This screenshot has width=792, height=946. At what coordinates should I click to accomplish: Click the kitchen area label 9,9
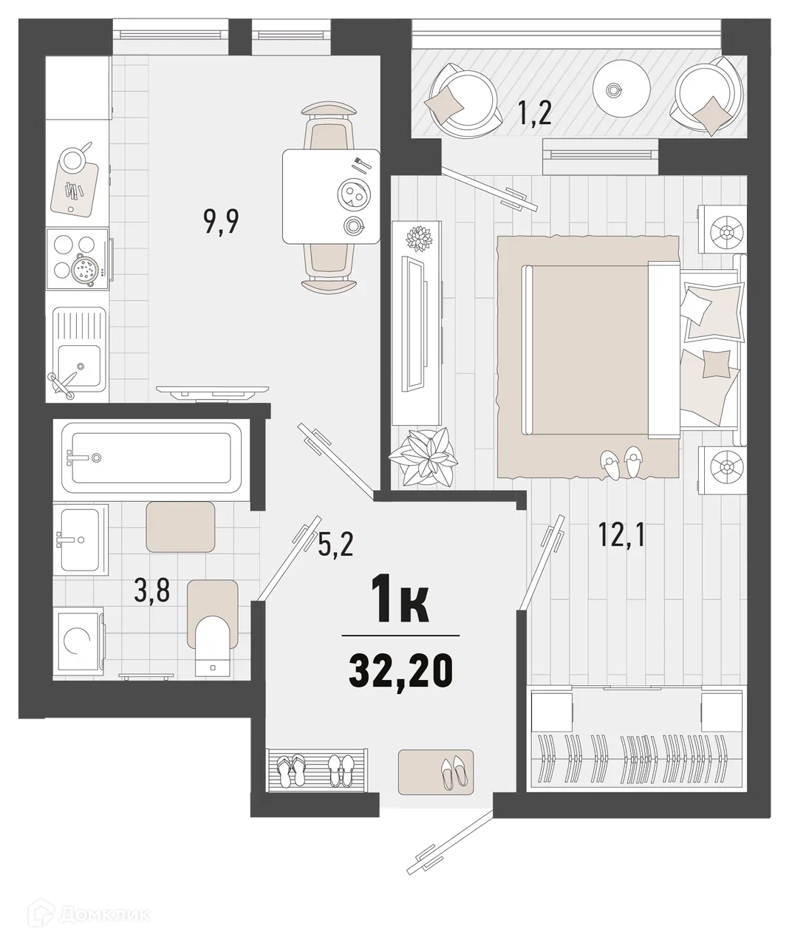click(x=222, y=222)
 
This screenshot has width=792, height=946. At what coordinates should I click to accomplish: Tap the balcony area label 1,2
click(x=535, y=113)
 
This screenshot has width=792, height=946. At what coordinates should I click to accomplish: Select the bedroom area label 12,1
click(x=621, y=534)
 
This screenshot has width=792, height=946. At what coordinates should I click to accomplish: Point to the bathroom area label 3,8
click(x=151, y=590)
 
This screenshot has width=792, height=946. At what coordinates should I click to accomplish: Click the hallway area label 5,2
click(x=335, y=544)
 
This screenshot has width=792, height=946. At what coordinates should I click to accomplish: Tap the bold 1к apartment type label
click(x=400, y=599)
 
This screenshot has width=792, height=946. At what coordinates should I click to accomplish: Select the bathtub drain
click(x=96, y=458)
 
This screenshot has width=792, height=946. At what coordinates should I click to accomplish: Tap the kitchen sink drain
click(x=81, y=366)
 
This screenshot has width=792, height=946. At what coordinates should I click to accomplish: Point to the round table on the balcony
click(x=621, y=89)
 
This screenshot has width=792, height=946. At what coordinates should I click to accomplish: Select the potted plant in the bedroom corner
click(x=423, y=457)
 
